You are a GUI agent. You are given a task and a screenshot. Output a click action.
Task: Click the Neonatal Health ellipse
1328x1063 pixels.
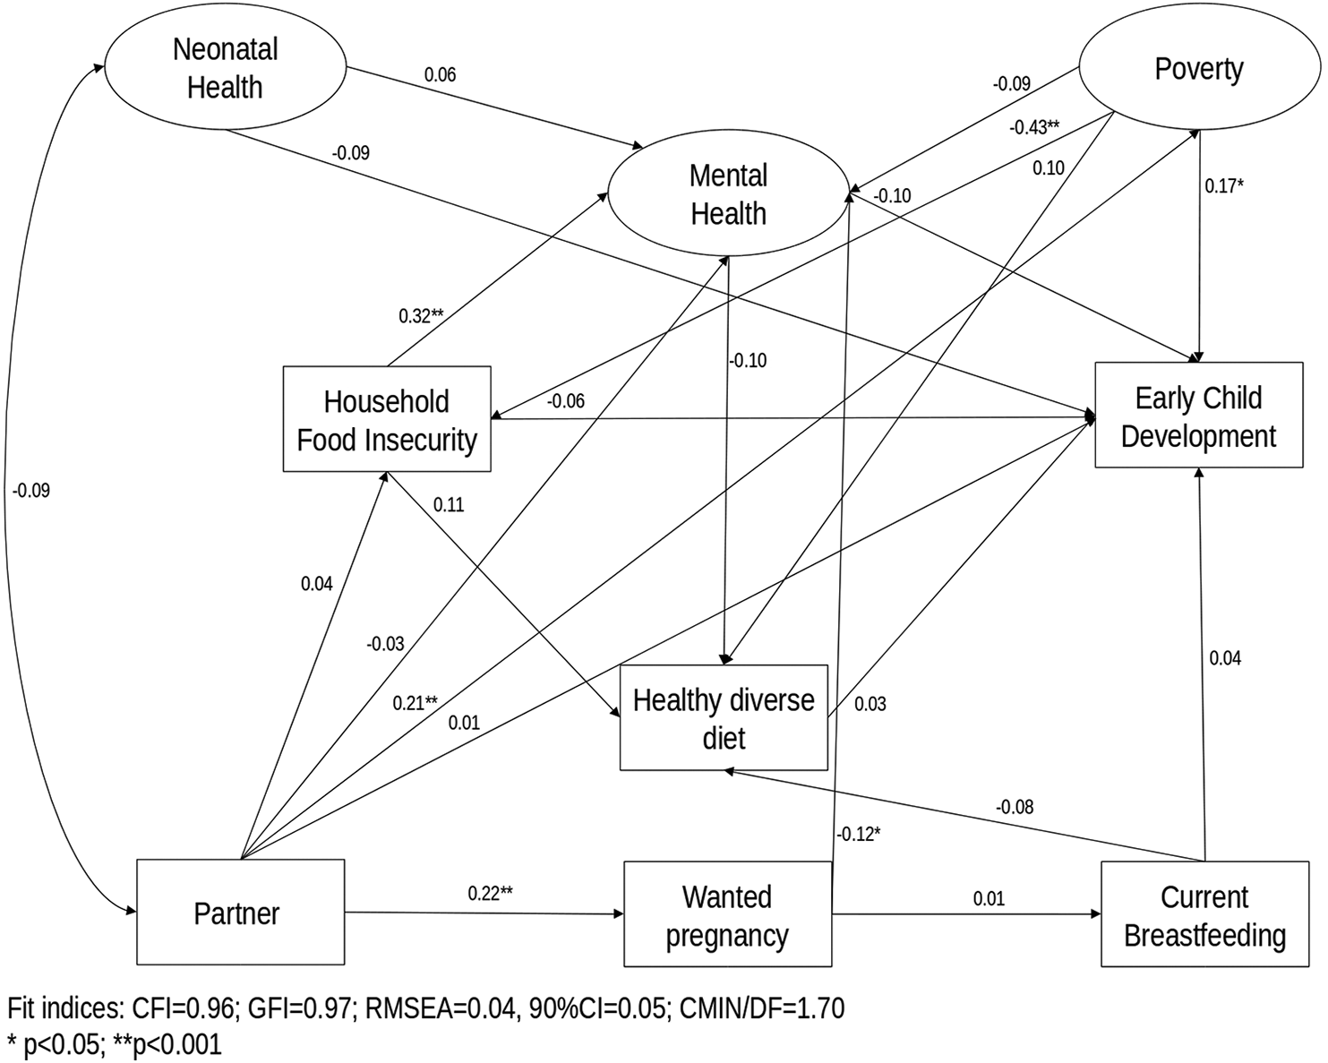click(226, 68)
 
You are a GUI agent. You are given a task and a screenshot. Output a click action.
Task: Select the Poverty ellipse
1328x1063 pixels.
click(1198, 69)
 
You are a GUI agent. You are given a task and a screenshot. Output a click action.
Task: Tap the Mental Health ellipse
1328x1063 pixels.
click(728, 194)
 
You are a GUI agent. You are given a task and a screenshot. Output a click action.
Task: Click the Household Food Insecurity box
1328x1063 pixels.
click(387, 419)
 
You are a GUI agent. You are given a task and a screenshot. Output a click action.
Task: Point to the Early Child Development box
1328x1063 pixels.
click(1199, 416)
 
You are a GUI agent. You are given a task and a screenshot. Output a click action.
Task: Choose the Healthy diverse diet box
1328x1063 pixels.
click(724, 717)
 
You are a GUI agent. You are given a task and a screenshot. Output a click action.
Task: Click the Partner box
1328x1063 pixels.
click(241, 913)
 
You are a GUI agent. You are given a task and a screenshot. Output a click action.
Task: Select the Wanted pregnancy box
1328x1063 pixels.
click(727, 914)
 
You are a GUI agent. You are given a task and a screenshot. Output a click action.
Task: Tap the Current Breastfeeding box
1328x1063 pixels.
click(1204, 914)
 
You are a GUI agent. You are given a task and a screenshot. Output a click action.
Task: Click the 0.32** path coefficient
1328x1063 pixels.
click(421, 316)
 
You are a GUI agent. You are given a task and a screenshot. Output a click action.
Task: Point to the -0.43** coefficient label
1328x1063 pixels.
click(1034, 128)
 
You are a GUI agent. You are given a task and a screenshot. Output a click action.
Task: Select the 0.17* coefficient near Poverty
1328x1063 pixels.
click(1224, 185)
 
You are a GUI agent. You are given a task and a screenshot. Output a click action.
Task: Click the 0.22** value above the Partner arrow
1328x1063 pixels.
click(490, 893)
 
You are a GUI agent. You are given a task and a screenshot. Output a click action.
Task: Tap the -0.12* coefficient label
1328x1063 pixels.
click(858, 834)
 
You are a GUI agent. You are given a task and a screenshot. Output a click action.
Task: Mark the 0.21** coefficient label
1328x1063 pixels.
click(416, 702)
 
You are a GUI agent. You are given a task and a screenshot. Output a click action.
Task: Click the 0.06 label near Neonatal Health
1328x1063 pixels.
click(440, 74)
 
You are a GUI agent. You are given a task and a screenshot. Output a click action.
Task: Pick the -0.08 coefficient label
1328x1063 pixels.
click(1014, 806)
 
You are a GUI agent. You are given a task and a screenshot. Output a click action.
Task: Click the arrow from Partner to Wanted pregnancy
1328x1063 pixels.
click(484, 913)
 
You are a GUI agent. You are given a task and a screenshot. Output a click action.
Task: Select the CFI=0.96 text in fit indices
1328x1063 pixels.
click(184, 1009)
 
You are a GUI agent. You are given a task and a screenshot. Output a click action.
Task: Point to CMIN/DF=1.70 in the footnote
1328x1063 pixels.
click(761, 1009)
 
